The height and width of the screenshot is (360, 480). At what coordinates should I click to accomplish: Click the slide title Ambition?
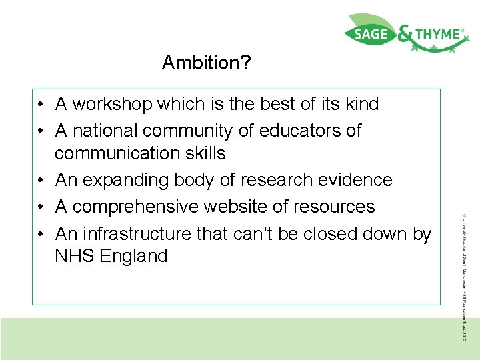coord(207,63)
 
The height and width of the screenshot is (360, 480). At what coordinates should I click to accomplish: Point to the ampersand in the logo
coord(405,35)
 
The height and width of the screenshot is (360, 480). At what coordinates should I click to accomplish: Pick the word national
coord(103,131)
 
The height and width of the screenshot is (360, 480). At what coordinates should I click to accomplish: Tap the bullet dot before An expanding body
coord(41,181)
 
